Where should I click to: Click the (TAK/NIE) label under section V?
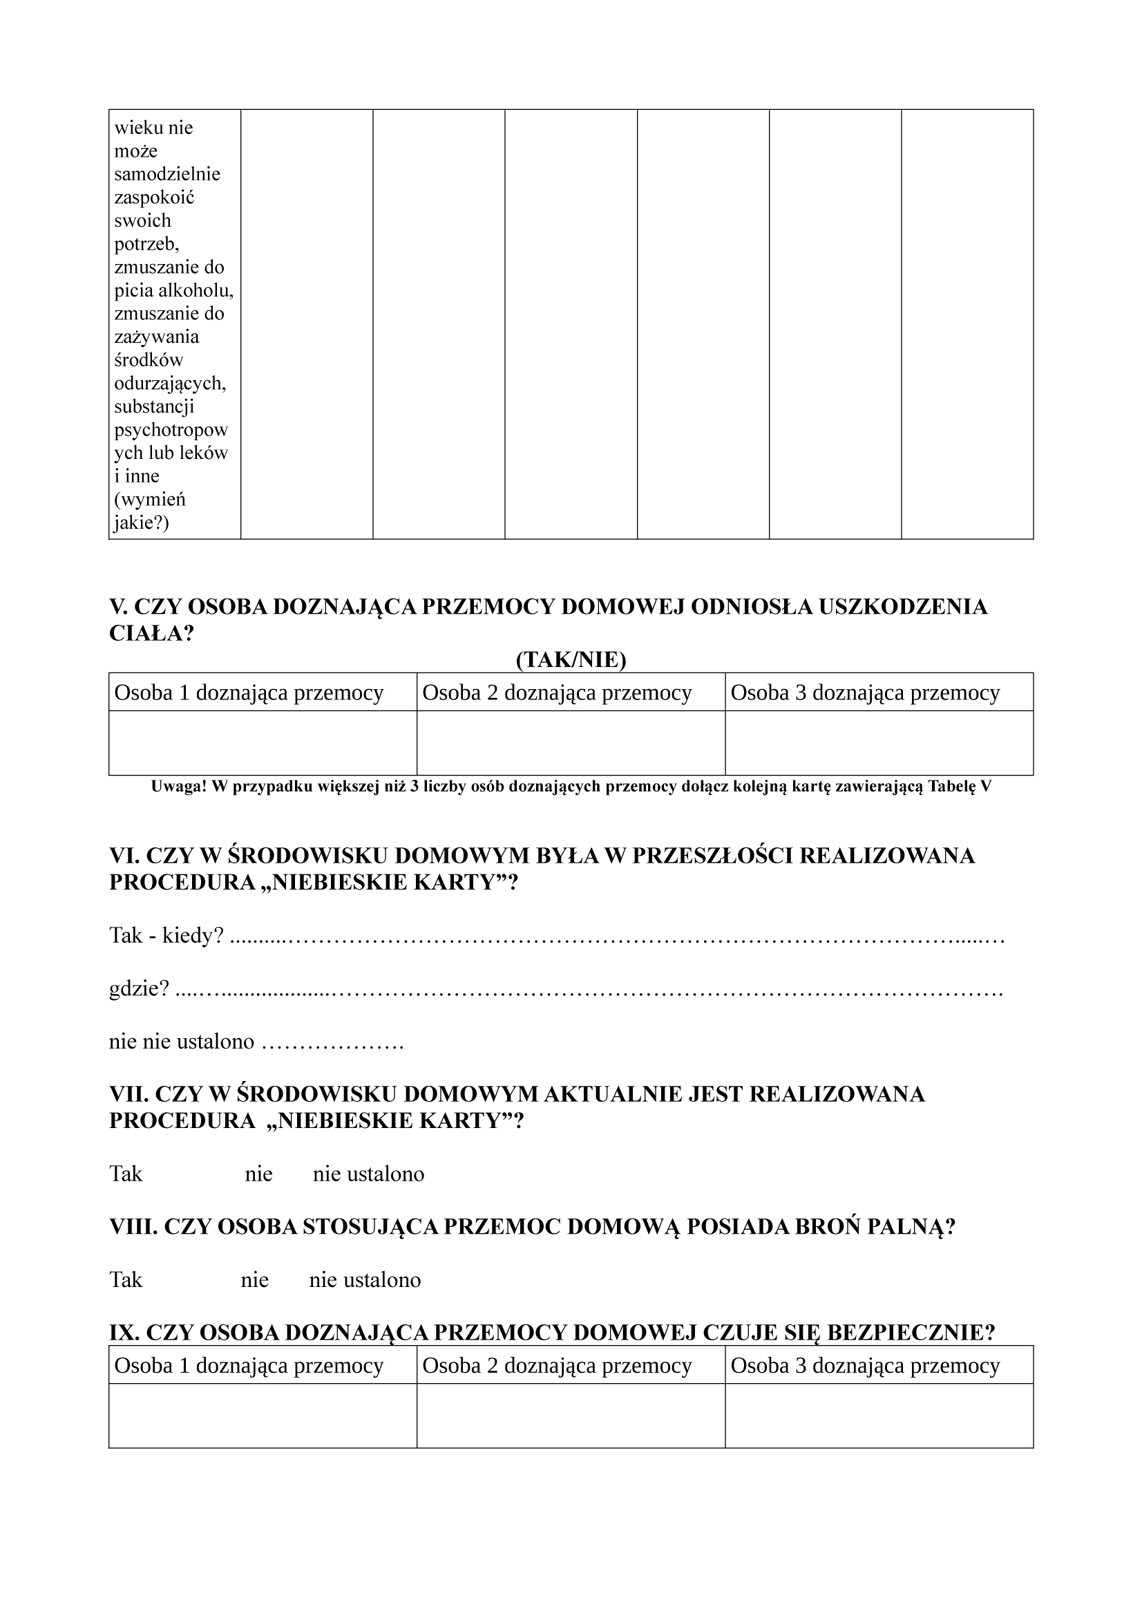tap(571, 659)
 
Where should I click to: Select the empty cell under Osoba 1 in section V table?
tap(263, 742)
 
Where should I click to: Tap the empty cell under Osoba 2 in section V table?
tap(571, 742)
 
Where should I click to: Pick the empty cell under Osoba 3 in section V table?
tap(879, 742)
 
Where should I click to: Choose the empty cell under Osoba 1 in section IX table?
tap(263, 1416)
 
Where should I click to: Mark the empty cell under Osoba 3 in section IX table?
tap(879, 1416)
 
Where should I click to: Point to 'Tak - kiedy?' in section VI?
tap(166, 936)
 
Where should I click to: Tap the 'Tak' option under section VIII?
tap(126, 1279)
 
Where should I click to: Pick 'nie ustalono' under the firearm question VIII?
tap(365, 1279)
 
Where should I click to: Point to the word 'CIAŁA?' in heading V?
tap(151, 633)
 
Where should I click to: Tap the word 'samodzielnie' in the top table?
tap(167, 174)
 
